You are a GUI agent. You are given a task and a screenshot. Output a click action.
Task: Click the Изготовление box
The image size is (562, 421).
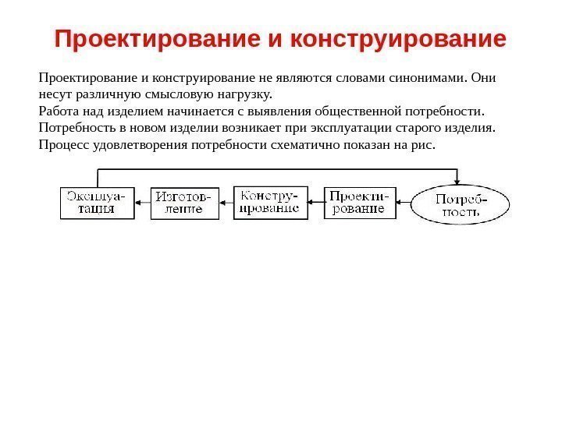coord(185,203)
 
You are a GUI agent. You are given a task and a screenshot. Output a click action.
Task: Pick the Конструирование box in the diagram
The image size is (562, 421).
coord(270,202)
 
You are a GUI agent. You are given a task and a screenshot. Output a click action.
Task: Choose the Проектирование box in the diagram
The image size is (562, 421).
coord(360,202)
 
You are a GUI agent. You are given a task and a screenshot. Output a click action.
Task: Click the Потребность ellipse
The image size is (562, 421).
coord(461,204)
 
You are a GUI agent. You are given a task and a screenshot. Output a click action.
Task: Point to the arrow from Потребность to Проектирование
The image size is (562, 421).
coord(404,203)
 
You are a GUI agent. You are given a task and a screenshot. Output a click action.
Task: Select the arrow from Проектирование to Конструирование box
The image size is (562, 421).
coord(315,203)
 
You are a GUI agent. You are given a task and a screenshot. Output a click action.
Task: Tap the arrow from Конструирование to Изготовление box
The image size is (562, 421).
coord(226,203)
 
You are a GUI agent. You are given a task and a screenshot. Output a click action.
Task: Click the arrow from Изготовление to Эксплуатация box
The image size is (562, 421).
coord(142,203)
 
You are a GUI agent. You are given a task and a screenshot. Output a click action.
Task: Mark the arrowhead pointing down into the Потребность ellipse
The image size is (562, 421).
coord(461,179)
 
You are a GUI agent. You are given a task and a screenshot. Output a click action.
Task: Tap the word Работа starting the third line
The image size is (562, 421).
coord(57,111)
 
